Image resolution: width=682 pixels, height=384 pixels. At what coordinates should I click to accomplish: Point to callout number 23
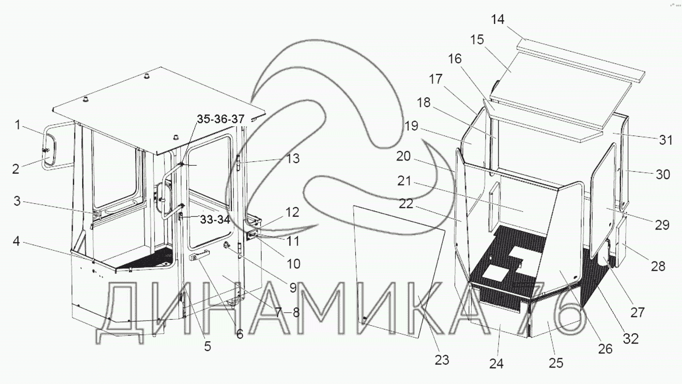(x=441, y=360)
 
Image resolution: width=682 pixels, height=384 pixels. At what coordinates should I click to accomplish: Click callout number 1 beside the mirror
(x=17, y=125)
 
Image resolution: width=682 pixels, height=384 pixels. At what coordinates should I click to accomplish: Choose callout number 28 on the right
(x=658, y=266)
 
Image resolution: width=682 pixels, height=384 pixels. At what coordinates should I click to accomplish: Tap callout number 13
(x=292, y=159)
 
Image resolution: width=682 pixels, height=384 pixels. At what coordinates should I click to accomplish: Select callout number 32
(x=632, y=338)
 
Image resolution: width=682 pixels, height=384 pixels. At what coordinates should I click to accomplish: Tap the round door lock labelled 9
(x=228, y=245)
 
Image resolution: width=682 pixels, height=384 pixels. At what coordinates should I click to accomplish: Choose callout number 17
(x=436, y=79)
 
